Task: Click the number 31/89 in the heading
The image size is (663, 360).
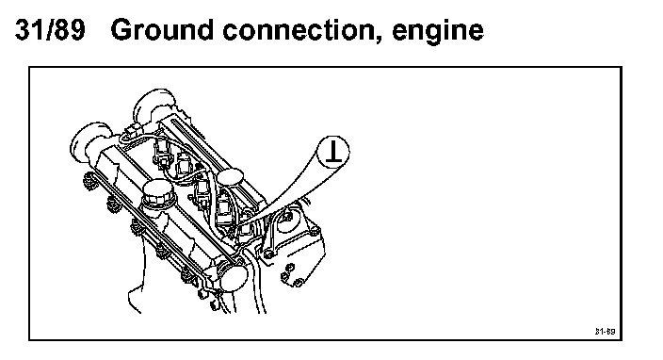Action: tap(50, 29)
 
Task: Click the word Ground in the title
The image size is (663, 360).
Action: tap(162, 29)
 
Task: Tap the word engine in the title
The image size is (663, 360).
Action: tap(438, 32)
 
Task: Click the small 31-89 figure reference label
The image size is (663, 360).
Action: tap(605, 331)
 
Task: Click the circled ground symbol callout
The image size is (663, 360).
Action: tap(333, 152)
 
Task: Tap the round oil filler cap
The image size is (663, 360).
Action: tap(157, 193)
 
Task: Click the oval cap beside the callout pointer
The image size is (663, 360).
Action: tap(231, 178)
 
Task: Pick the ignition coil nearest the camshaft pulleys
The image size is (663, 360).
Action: tap(162, 151)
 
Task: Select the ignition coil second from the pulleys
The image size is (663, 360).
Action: tap(183, 166)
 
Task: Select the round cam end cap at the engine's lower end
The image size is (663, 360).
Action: tap(234, 276)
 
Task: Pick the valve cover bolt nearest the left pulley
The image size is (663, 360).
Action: tap(89, 181)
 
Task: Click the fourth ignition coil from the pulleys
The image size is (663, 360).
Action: tap(223, 207)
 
